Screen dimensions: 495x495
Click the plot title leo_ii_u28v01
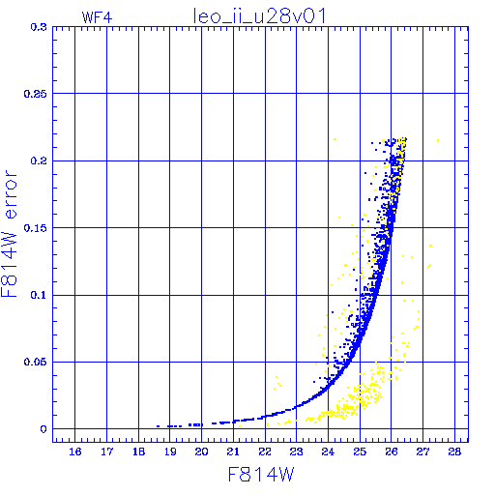coord(259,16)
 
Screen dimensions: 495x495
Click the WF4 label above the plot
coord(97,17)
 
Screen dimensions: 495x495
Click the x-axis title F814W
coord(261,475)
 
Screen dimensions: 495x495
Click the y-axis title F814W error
coord(9,234)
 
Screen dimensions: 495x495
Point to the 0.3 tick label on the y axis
coord(39,27)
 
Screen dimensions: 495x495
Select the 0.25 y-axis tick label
coord(36,94)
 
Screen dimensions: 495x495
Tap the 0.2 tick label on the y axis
coord(39,160)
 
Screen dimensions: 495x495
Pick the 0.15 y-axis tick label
coord(36,228)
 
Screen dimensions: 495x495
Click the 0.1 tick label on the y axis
coord(39,295)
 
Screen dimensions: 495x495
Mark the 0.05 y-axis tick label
coord(36,362)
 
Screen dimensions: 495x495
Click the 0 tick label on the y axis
coord(44,429)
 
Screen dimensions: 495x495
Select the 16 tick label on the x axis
coord(75,451)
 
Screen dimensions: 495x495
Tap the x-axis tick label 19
coord(170,451)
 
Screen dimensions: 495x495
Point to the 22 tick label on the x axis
coord(265,451)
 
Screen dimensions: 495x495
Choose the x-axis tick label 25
coord(360,451)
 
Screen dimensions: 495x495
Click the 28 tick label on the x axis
coord(454,451)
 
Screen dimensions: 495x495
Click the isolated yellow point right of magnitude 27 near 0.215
coord(438,140)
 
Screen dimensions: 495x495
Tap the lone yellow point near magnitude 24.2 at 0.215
coord(335,139)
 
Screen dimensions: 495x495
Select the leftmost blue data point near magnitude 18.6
coord(158,426)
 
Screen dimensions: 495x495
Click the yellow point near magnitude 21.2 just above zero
coord(240,426)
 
